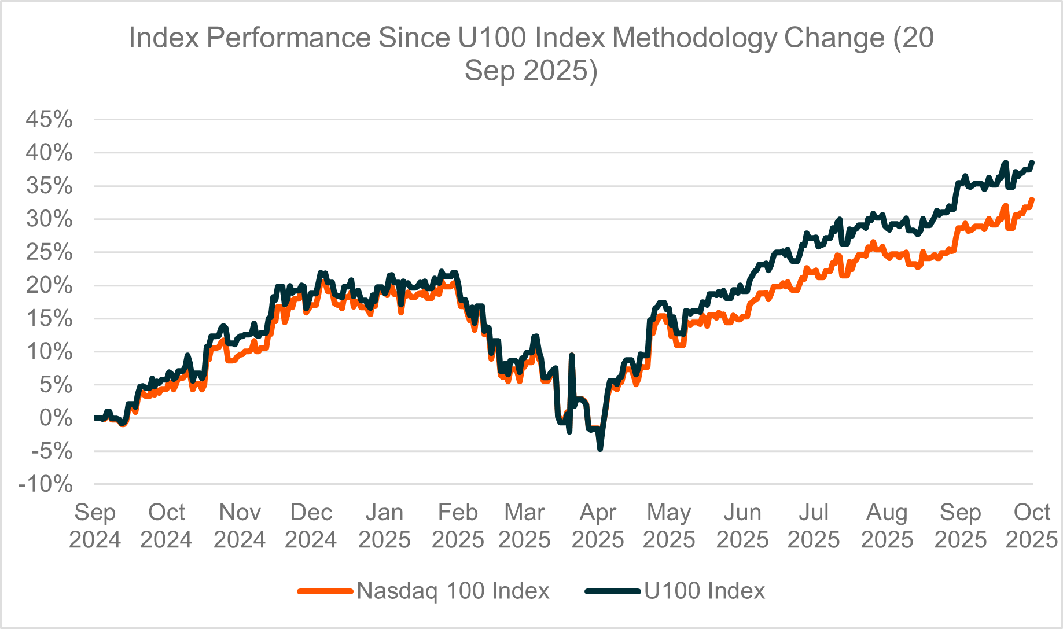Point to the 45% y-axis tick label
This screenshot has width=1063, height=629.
click(x=49, y=120)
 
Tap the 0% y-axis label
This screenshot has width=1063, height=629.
click(x=56, y=418)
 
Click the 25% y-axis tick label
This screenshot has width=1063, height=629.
click(x=49, y=252)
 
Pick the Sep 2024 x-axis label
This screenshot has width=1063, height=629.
click(x=95, y=526)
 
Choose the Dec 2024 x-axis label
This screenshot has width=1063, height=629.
click(x=311, y=526)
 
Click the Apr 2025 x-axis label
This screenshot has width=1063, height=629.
click(x=598, y=526)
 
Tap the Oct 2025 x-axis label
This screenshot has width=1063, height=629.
click(x=1032, y=526)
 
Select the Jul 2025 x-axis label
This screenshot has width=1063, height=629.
click(x=814, y=526)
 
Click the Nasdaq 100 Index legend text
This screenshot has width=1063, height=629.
click(x=453, y=591)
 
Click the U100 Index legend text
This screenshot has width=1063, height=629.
click(x=704, y=591)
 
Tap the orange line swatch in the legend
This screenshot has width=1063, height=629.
click(x=325, y=591)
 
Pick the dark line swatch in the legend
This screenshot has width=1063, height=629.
click(x=613, y=591)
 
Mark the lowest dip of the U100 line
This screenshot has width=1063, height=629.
click(x=600, y=449)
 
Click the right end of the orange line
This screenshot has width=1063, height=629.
click(x=1032, y=200)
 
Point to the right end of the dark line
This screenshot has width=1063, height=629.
click(x=1032, y=163)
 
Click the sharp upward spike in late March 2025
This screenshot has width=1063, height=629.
click(x=572, y=355)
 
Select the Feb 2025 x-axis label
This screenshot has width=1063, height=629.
click(x=458, y=526)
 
